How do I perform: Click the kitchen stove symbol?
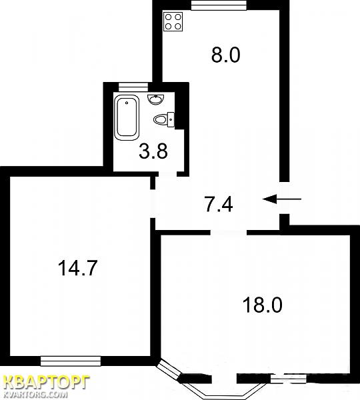[173, 22]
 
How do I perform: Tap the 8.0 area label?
[226, 55]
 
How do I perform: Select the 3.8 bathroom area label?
[153, 151]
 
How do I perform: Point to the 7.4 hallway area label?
[219, 205]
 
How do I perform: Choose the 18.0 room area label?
[263, 305]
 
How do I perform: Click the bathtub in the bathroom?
[127, 117]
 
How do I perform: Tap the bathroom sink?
[156, 99]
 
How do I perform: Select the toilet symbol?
[164, 119]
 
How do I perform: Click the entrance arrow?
[282, 199]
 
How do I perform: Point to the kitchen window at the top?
[219, 5]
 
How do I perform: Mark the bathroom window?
[133, 87]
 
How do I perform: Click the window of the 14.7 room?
[71, 361]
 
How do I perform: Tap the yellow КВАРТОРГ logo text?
[47, 383]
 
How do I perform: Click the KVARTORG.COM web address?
[37, 395]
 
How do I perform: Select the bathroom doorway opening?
[167, 174]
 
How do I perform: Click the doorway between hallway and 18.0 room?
[229, 232]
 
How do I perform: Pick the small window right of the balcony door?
[288, 379]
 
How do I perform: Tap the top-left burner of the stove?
[169, 17]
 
